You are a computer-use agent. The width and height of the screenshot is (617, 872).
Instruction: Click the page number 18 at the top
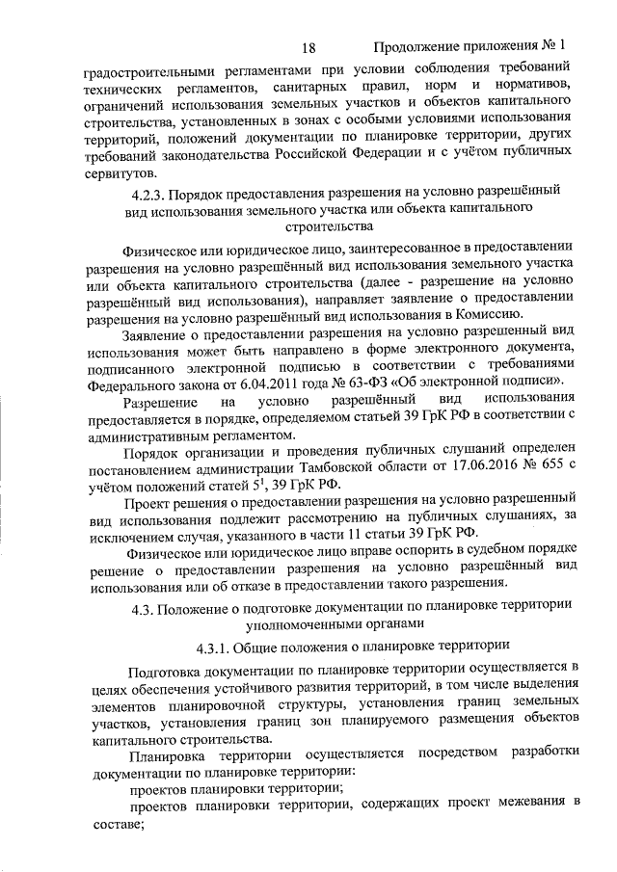pos(308,46)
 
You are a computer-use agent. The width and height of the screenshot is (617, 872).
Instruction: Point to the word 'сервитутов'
pos(121,173)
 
